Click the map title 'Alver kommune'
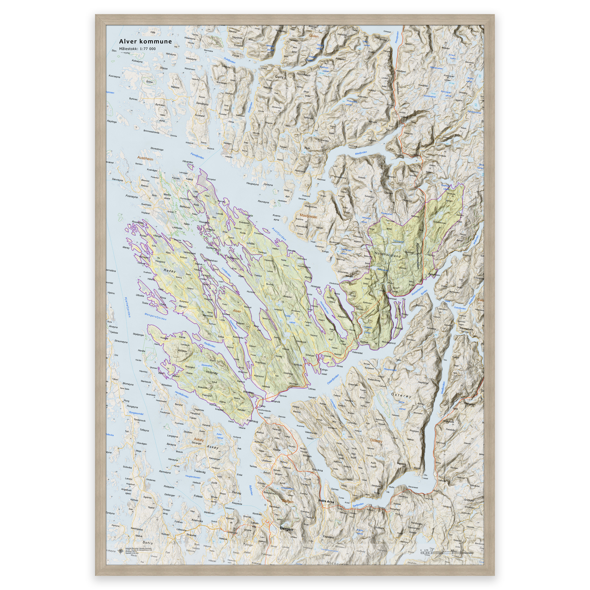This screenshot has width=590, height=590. point(145,41)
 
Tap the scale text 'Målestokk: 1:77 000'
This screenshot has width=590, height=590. point(137,49)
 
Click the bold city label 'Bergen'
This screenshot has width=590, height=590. point(286,529)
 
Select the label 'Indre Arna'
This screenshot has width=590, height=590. point(326,501)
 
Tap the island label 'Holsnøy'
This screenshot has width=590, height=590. point(212,372)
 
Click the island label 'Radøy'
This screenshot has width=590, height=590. point(170,271)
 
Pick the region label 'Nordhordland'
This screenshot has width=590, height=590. point(387,255)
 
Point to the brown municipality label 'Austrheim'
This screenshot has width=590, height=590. point(145,158)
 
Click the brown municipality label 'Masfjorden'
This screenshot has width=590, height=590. point(308,216)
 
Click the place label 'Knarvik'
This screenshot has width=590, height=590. point(275,401)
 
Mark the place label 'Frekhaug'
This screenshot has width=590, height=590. point(252,421)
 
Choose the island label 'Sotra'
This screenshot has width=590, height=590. point(147,543)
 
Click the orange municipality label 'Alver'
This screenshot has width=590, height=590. point(237,311)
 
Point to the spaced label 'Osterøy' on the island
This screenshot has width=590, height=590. point(401,396)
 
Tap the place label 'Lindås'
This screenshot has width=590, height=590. point(250,243)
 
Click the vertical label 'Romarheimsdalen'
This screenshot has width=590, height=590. point(417,256)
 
